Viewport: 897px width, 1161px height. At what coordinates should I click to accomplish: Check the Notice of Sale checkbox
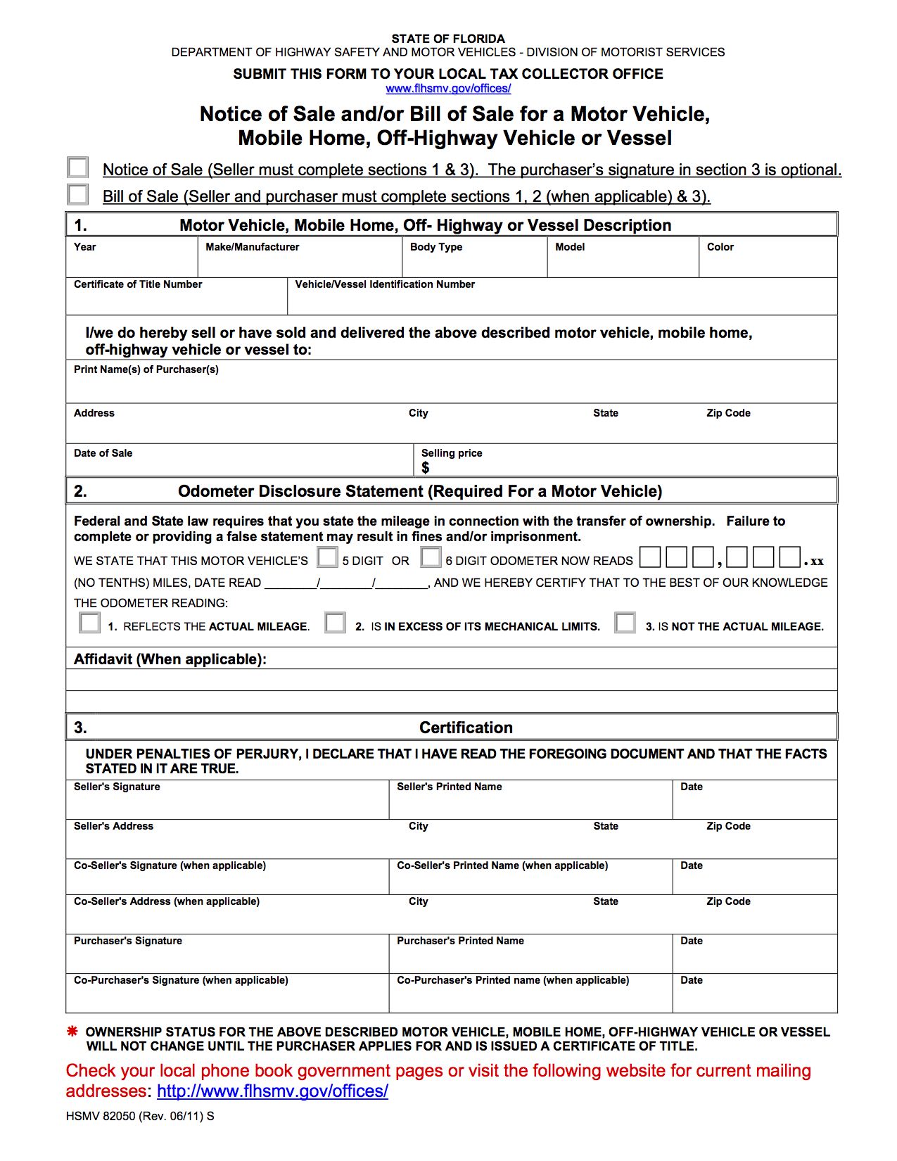[77, 167]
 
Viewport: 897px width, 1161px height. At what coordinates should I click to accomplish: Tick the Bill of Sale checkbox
[77, 194]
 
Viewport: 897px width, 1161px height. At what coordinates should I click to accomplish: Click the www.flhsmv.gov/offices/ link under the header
[448, 89]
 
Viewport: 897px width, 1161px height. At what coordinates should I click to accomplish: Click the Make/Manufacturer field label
[252, 247]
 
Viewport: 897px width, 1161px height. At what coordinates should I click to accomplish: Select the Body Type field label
[435, 247]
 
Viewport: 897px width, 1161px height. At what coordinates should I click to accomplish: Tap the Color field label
[720, 247]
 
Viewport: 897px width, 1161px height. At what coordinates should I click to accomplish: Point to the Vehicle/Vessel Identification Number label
[384, 284]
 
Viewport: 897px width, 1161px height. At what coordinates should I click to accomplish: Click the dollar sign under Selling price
[425, 468]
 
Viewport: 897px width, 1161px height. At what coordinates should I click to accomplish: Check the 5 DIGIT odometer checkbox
[327, 557]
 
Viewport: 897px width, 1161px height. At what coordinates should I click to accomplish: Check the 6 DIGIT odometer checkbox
[431, 557]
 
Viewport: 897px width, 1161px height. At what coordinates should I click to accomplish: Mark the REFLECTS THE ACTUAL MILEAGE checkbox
[89, 623]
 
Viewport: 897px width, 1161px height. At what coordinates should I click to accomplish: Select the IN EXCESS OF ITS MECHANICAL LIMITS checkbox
[335, 623]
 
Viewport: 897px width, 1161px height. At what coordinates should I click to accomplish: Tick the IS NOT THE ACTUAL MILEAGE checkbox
[625, 623]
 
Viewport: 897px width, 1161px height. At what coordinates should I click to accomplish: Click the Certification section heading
[466, 728]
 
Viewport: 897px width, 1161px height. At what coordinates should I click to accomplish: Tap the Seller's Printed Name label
[449, 787]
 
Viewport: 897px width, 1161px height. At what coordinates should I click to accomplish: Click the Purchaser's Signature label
[127, 941]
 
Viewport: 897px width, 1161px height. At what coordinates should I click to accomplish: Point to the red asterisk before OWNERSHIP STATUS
[72, 1032]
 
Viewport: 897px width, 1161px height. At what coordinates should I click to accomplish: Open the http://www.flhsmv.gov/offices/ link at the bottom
[272, 1091]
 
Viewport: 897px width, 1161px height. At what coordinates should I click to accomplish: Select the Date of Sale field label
[103, 453]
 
